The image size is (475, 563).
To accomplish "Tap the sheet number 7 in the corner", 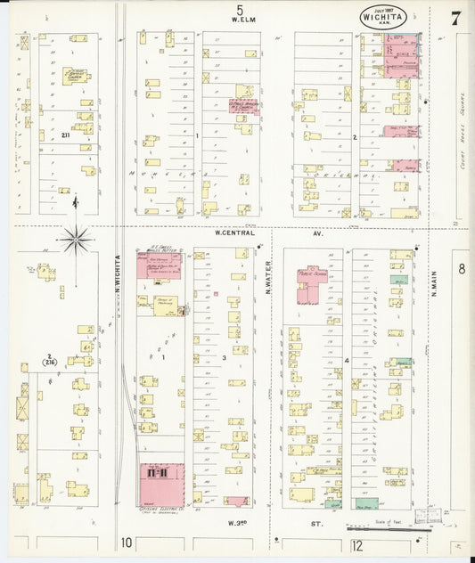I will coord(455,17).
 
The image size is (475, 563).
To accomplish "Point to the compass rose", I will coord(78,238).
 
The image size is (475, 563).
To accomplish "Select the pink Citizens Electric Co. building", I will coord(160,481).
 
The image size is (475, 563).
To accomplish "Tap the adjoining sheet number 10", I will coord(127,543).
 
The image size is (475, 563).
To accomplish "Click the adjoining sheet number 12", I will coord(357,543).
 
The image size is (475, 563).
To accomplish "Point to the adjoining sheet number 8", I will coord(462,268).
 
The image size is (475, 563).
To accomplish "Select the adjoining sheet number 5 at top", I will coord(239,8).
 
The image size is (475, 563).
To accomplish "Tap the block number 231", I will coord(65,135).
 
